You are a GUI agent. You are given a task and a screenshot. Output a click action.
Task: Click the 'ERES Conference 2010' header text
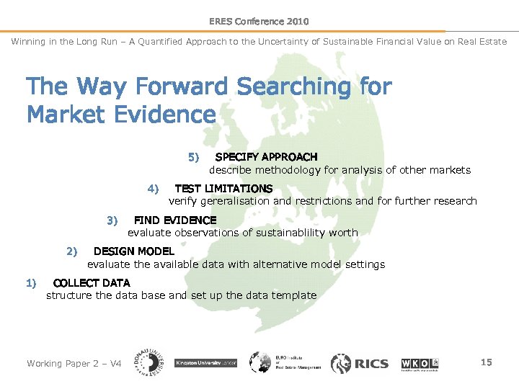(x=259, y=22)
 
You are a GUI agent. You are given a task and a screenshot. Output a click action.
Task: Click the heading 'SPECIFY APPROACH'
(x=266, y=157)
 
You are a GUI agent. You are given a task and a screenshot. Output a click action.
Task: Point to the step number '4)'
(x=153, y=189)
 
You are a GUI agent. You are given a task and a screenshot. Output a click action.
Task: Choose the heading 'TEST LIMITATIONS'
(x=223, y=189)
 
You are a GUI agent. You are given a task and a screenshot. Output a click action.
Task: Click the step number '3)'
(x=112, y=220)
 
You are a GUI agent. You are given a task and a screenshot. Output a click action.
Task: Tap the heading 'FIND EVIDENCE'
(x=175, y=220)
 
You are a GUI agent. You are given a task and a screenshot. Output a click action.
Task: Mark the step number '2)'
(x=71, y=251)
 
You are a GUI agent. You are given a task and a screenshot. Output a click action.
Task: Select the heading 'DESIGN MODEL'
(x=134, y=251)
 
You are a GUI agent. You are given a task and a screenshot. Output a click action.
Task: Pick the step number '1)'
(x=31, y=282)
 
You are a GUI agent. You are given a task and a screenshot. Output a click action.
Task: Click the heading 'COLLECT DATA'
(x=92, y=282)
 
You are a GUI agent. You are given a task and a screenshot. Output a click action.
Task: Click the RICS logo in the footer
(x=360, y=363)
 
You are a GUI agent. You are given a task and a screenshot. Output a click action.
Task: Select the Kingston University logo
(x=207, y=363)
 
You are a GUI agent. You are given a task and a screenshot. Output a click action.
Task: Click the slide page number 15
(x=487, y=362)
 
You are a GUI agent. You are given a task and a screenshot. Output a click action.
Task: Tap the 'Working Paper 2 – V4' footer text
(x=74, y=363)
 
